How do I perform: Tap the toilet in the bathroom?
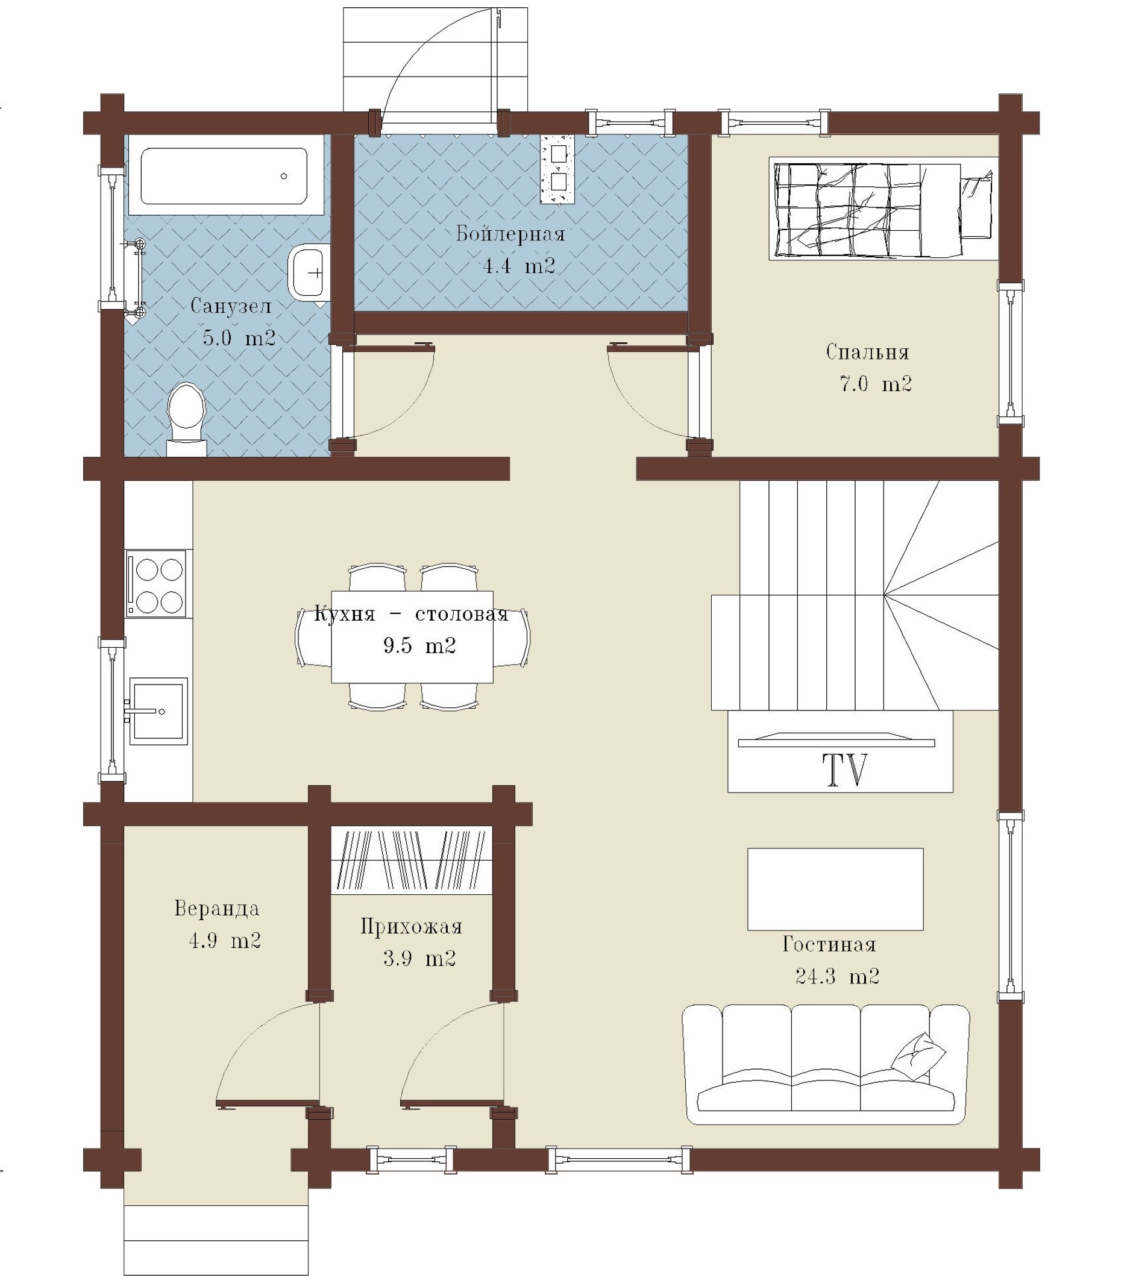pyautogui.click(x=187, y=418)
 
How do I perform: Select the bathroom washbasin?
pyautogui.click(x=309, y=272)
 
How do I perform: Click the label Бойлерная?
pyautogui.click(x=510, y=233)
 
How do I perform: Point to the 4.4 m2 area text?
pyautogui.click(x=519, y=266)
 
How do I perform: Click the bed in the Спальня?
pyautogui.click(x=883, y=209)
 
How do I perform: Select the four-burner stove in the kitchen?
pyautogui.click(x=156, y=583)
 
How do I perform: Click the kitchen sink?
pyautogui.click(x=158, y=711)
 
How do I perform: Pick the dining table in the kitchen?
pyautogui.click(x=412, y=637)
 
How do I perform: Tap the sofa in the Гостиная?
pyautogui.click(x=826, y=1064)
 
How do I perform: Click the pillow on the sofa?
pyautogui.click(x=919, y=1058)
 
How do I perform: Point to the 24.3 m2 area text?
pyautogui.click(x=837, y=976)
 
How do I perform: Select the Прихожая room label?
pyautogui.click(x=412, y=926)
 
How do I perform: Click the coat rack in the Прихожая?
pyautogui.click(x=412, y=860)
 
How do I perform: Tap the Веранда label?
pyautogui.click(x=216, y=908)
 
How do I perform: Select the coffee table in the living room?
pyautogui.click(x=835, y=889)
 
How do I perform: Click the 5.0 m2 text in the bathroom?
pyautogui.click(x=239, y=338)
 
